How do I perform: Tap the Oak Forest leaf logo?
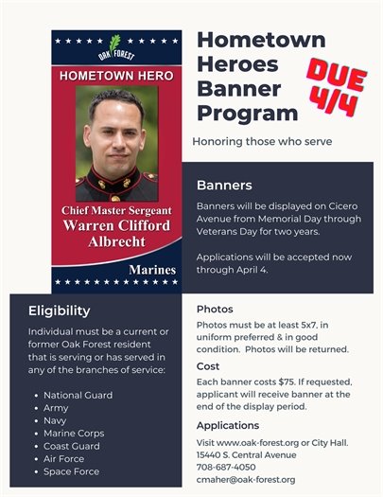pos(114,45)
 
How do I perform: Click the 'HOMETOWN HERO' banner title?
pos(114,74)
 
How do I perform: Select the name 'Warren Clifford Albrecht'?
pos(115,235)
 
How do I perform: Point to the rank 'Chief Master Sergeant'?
pos(115,209)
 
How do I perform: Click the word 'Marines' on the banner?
pos(151,271)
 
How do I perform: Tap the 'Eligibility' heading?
pos(59,311)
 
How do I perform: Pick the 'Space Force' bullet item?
pos(72,471)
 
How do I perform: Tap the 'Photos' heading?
pos(215,310)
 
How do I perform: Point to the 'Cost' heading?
pos(208,365)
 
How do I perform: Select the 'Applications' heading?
pos(228,426)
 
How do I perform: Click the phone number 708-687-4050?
pos(227,467)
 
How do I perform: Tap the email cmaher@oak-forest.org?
pos(246,479)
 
